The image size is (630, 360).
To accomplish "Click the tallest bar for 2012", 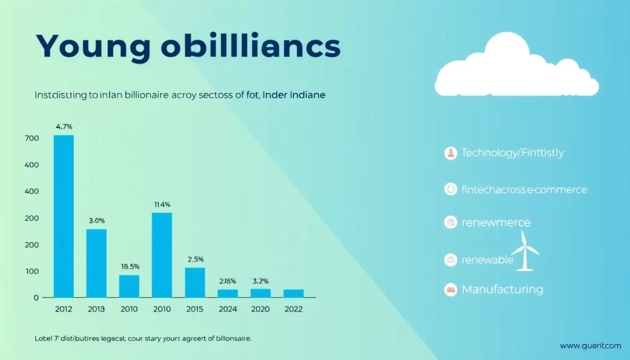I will (63, 216).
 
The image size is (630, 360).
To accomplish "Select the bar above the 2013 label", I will (97, 263).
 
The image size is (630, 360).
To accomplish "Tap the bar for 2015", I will (195, 282).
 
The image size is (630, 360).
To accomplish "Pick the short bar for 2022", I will (293, 293).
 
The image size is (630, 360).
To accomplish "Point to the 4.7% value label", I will (64, 127).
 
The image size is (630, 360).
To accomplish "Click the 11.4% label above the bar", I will (162, 204).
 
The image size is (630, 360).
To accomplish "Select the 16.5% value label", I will (130, 266).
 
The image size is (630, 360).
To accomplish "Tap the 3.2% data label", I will (260, 281).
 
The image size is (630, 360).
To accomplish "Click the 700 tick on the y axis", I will (31, 138).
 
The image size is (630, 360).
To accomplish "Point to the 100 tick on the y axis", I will (31, 271).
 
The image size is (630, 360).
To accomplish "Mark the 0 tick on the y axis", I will (36, 298).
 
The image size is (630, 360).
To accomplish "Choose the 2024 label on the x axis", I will (228, 309).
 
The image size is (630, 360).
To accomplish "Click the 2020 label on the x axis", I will (260, 309).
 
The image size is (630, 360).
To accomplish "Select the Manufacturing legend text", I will (502, 290).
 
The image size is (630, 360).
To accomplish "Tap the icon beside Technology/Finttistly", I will (451, 154).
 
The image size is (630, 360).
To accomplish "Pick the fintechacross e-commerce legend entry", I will (524, 189).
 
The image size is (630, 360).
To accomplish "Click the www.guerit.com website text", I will (590, 346).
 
